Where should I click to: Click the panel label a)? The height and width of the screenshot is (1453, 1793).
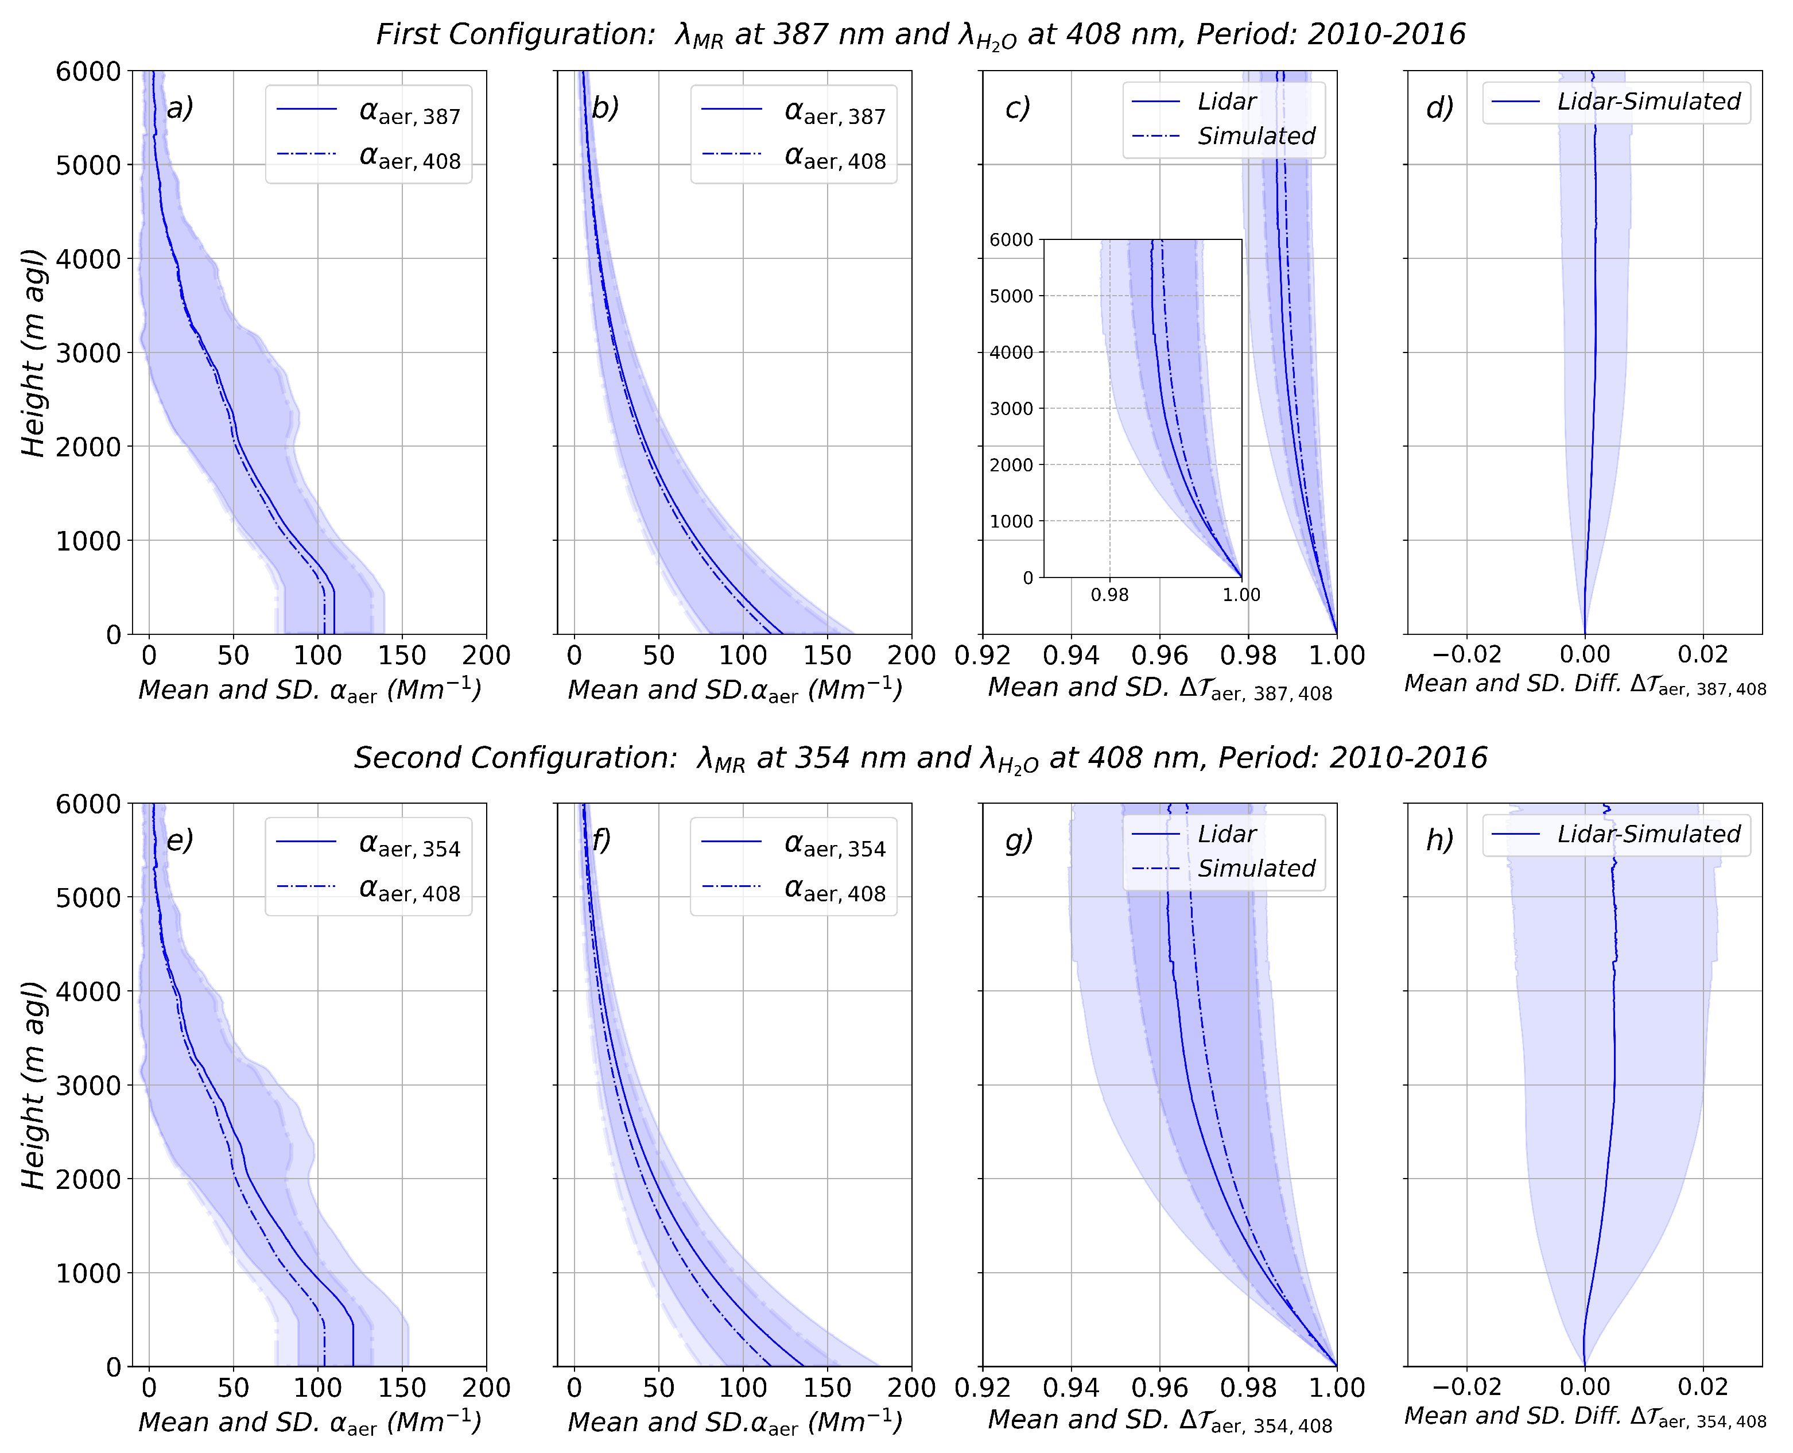click(x=180, y=108)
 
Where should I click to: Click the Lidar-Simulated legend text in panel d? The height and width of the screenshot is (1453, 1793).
click(x=1648, y=102)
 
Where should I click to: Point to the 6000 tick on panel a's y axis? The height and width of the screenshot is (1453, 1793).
click(x=88, y=72)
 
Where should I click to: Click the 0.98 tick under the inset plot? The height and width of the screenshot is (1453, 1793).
click(x=1109, y=595)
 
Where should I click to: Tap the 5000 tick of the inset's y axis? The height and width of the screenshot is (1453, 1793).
click(x=1011, y=296)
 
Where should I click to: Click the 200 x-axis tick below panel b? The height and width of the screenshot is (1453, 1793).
click(x=911, y=656)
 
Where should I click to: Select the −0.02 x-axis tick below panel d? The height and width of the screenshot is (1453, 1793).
click(x=1466, y=656)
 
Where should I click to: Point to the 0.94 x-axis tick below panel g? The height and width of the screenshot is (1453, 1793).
click(x=1071, y=1388)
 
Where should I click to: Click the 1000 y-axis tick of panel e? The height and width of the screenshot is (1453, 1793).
click(x=88, y=1273)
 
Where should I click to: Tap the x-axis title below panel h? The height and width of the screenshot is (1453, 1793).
click(x=1585, y=1416)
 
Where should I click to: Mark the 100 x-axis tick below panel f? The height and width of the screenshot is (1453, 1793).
click(x=743, y=1388)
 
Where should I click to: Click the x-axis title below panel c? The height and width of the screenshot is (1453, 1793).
click(x=1159, y=688)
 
